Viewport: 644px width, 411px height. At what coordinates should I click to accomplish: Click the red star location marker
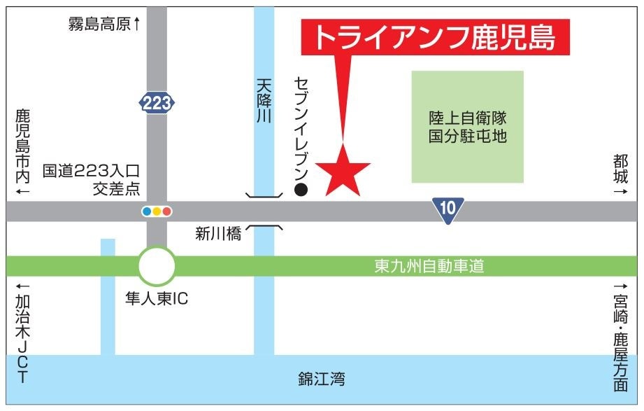(343, 170)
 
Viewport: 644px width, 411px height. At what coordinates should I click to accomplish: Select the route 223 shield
(157, 104)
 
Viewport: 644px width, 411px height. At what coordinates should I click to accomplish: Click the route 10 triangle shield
(448, 208)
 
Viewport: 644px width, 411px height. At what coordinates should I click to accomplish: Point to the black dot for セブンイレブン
(301, 189)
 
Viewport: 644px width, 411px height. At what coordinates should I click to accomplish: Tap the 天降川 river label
(264, 101)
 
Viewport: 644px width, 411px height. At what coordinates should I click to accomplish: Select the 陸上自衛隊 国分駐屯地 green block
(467, 127)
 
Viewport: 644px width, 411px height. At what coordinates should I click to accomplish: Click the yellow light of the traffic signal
(157, 211)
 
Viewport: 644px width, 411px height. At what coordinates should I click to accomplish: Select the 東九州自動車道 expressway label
(429, 266)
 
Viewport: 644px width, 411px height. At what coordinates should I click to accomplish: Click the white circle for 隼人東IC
(157, 266)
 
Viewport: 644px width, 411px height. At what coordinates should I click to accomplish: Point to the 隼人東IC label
(157, 298)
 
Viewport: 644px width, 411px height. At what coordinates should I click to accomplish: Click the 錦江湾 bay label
(322, 379)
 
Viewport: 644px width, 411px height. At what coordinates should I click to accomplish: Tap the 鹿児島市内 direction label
(22, 150)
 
